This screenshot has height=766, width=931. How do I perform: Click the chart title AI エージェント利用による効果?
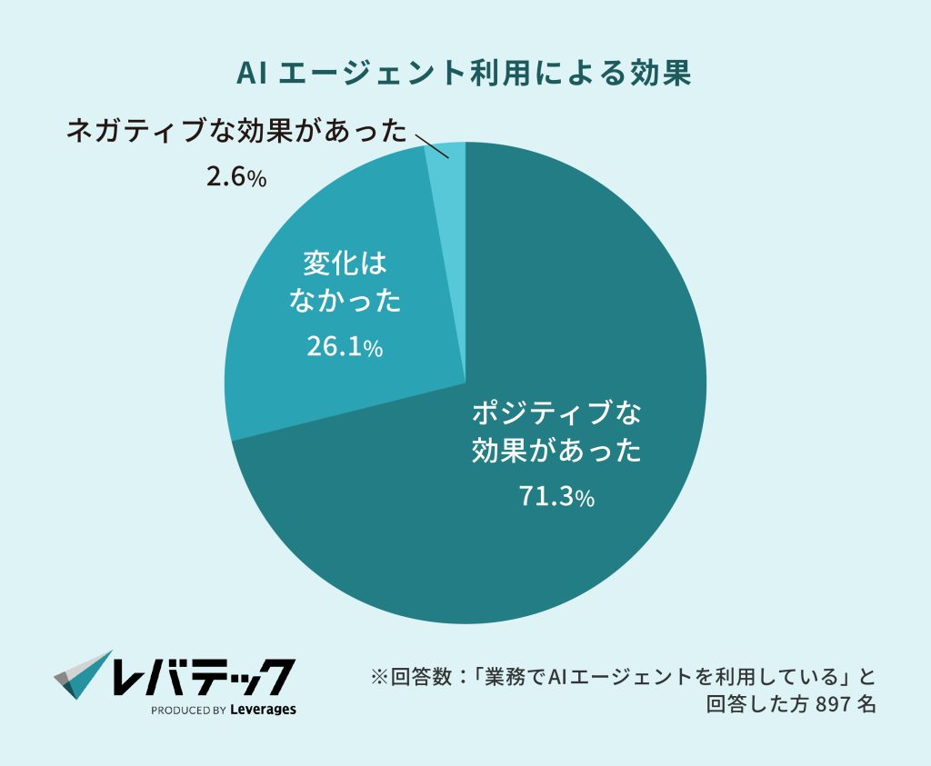click(465, 74)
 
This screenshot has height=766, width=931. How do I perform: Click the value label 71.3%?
click(556, 497)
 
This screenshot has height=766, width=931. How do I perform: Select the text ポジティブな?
click(556, 413)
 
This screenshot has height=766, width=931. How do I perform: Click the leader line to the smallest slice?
click(427, 146)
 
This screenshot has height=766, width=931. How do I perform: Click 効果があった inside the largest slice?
click(556, 452)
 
